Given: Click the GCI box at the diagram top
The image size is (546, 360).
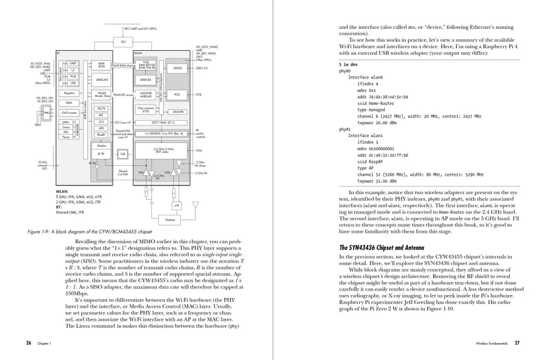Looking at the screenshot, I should (123, 41).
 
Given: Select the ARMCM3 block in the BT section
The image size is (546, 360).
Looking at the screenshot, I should (101, 80).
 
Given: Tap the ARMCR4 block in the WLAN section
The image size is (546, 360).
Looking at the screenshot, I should (146, 80).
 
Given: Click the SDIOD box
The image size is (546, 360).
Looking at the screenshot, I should (178, 68).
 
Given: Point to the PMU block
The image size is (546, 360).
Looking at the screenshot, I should (47, 113).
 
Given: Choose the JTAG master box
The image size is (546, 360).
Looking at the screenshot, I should (70, 113).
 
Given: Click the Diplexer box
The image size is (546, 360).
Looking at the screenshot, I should (171, 219).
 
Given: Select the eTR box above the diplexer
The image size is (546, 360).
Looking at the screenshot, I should (177, 205).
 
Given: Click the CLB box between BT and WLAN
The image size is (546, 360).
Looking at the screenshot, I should (123, 153).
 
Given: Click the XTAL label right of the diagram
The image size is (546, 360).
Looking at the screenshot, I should (199, 150).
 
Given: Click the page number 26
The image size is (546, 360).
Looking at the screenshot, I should (28, 343).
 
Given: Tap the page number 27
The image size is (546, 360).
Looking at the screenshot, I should (517, 343).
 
